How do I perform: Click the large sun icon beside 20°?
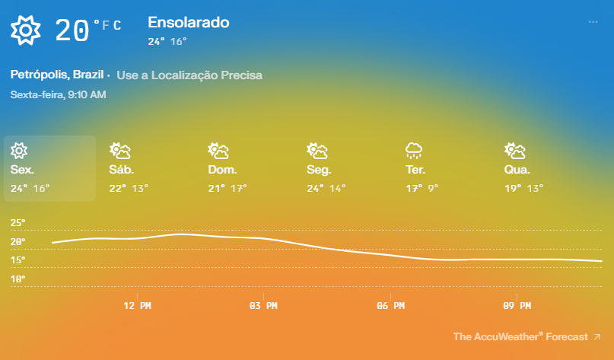click(x=25, y=30)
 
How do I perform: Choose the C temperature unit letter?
click(x=117, y=27)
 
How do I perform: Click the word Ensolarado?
click(x=188, y=23)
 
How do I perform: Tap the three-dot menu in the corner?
click(x=593, y=22)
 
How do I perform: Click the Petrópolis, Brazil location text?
click(x=58, y=75)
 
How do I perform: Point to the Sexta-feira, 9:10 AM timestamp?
click(x=58, y=95)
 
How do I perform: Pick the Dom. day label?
click(x=222, y=170)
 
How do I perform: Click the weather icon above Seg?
click(x=317, y=150)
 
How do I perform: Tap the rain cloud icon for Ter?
click(x=415, y=150)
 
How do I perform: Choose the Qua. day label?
click(x=517, y=170)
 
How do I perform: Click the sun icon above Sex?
click(x=20, y=150)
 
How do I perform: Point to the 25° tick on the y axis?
click(x=18, y=223)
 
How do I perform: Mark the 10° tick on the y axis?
click(x=18, y=279)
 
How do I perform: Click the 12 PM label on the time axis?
click(x=137, y=306)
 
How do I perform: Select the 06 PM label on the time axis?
click(x=390, y=306)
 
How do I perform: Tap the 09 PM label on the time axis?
click(x=517, y=306)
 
